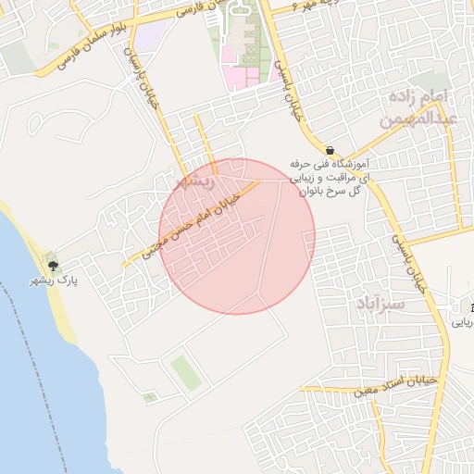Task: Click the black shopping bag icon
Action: (x=330, y=149)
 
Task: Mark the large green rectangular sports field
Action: (x=184, y=372)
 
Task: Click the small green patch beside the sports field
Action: (x=149, y=398)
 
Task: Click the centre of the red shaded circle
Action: (x=237, y=236)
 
